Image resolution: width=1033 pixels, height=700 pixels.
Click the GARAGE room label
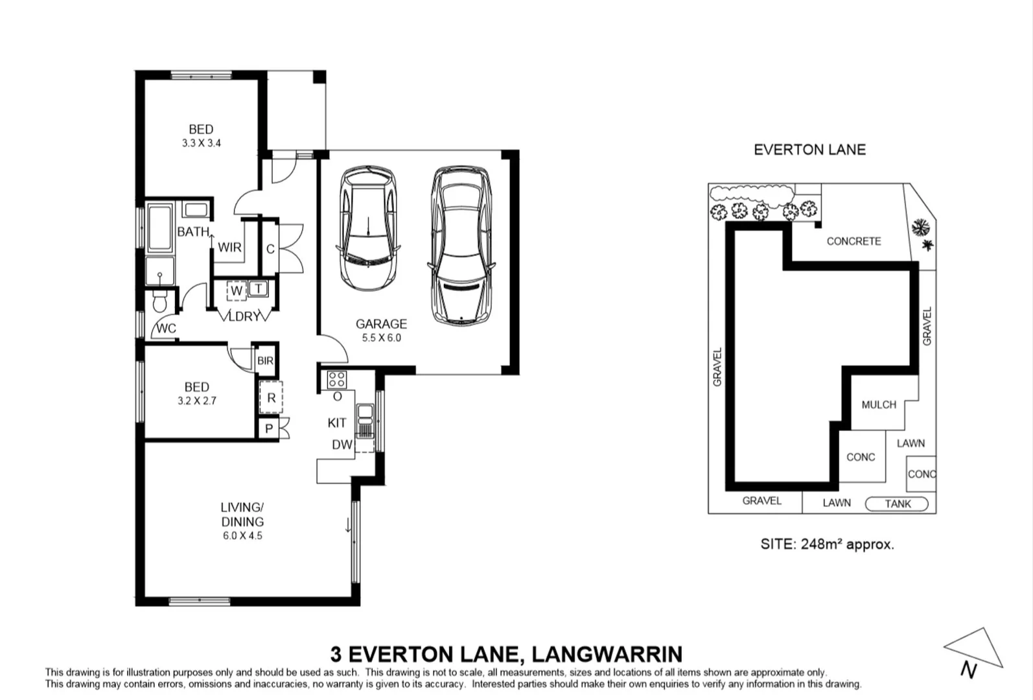[x=381, y=323]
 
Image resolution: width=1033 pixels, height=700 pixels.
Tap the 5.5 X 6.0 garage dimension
[x=381, y=338]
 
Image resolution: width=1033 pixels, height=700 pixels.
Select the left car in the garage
[x=368, y=228]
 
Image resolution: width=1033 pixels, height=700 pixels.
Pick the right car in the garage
[x=461, y=245]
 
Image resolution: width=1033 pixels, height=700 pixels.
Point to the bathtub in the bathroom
[x=160, y=227]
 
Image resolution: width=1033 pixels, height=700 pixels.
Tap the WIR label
[x=229, y=248]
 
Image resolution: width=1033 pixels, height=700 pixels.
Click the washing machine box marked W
[x=237, y=291]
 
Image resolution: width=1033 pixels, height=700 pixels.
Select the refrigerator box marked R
[x=271, y=397]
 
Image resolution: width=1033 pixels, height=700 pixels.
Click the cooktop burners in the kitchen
[x=336, y=380]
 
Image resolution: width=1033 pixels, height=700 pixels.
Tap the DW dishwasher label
[x=342, y=445]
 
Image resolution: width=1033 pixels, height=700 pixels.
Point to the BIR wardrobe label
[x=265, y=360]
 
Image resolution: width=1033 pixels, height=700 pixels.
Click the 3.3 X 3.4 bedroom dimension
[x=201, y=143]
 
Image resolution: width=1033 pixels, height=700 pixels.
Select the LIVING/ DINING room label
[x=242, y=515]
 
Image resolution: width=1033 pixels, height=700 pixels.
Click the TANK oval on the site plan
[x=896, y=504]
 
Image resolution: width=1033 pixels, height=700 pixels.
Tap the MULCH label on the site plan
[x=879, y=405]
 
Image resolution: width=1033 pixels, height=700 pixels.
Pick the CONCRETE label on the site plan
[x=853, y=241]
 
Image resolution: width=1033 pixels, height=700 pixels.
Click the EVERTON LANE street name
[x=810, y=150]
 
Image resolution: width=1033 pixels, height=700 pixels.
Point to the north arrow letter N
[x=968, y=670]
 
